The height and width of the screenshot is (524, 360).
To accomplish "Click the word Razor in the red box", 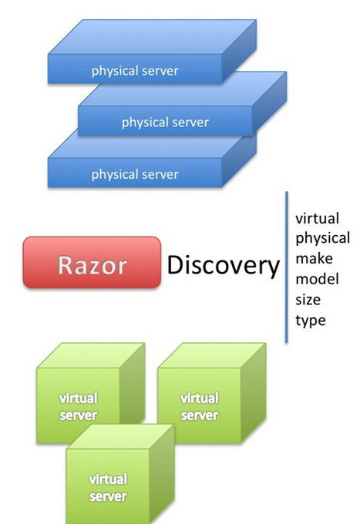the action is pyautogui.click(x=93, y=265).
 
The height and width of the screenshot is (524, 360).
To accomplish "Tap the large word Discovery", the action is pyautogui.click(x=223, y=266).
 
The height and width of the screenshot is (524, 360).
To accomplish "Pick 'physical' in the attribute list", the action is pyautogui.click(x=322, y=239).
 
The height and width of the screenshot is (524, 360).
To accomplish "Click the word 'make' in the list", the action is pyautogui.click(x=314, y=259).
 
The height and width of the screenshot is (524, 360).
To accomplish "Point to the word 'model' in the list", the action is pyautogui.click(x=317, y=279).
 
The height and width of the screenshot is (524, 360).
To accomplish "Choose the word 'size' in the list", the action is pyautogui.click(x=308, y=300).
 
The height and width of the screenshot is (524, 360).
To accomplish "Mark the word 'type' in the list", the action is pyautogui.click(x=311, y=321).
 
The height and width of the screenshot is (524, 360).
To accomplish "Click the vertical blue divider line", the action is pyautogui.click(x=287, y=267).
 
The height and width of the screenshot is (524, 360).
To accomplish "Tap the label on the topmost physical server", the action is pyautogui.click(x=135, y=71).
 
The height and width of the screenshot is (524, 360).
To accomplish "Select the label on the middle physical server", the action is pyautogui.click(x=165, y=123).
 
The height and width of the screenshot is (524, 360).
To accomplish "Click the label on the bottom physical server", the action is pyautogui.click(x=135, y=175).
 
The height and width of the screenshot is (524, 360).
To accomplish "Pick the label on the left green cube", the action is pyautogui.click(x=78, y=407).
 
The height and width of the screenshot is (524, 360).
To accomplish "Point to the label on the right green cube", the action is pyautogui.click(x=199, y=407).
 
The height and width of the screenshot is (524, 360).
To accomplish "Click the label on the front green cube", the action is pyautogui.click(x=108, y=488).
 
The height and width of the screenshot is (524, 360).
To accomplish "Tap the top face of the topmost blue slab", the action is pyautogui.click(x=152, y=37).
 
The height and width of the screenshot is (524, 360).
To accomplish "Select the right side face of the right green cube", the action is pyautogui.click(x=253, y=393).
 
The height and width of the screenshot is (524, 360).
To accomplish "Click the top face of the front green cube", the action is pyautogui.click(x=120, y=437).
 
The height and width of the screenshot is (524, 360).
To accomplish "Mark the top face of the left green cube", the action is pyautogui.click(x=91, y=355).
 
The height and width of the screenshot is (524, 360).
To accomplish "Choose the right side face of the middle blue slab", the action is pyautogui.click(x=269, y=103).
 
